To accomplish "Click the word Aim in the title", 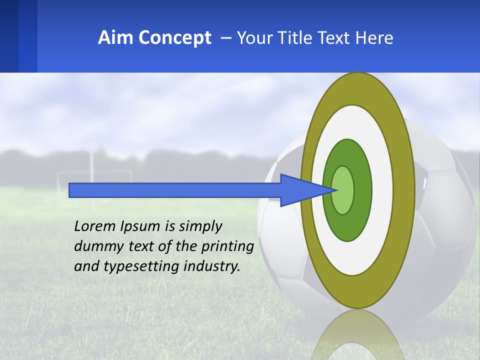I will point(115,38).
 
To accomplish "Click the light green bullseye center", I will point(343,190).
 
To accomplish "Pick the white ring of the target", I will point(382,190).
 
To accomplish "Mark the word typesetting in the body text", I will point(143,266).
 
